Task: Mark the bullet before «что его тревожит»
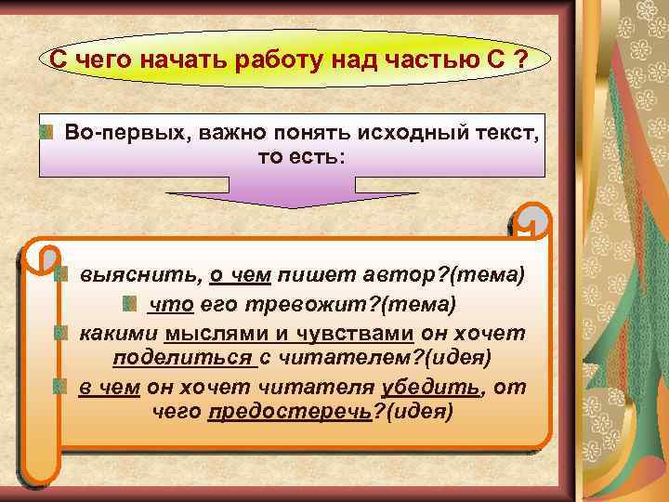[x=131, y=304]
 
